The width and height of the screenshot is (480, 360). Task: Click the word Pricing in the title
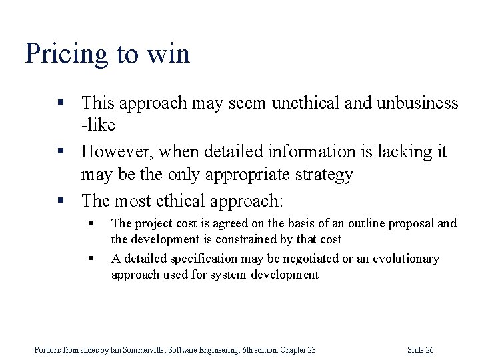[65, 53]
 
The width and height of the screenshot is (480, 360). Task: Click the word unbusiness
[417, 103]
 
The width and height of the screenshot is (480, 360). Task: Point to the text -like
[98, 125]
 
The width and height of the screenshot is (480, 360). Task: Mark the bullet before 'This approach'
[61, 103]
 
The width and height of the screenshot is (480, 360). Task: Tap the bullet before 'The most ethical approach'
[61, 200]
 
